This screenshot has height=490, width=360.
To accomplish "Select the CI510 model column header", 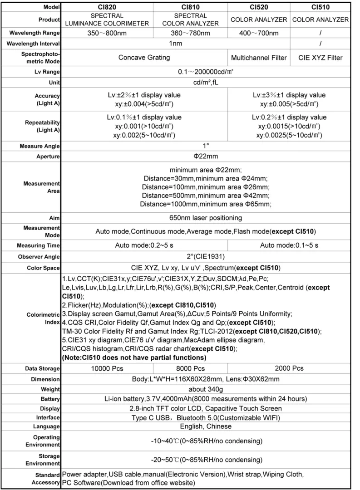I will click(321, 7).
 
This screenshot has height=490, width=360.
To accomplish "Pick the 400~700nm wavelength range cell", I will click(259, 33).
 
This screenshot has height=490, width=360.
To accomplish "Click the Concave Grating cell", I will click(144, 58).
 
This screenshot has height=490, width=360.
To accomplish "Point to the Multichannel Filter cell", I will click(259, 58).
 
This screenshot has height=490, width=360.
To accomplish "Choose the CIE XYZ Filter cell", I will click(321, 58).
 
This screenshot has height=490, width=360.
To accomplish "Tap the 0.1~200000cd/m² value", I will click(206, 72).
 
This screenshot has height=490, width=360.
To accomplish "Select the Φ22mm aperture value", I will click(206, 157).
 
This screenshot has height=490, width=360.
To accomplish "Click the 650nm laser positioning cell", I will click(206, 218).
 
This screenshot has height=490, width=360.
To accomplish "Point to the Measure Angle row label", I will click(40, 147).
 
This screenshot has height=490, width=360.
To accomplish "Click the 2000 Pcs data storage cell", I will click(289, 368).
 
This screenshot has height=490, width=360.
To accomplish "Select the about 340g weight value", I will click(206, 389).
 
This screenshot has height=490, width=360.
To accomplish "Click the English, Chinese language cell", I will click(206, 426).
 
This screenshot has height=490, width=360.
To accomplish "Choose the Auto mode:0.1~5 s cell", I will click(289, 245).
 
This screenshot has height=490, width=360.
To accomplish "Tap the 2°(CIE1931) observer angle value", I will click(206, 256).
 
